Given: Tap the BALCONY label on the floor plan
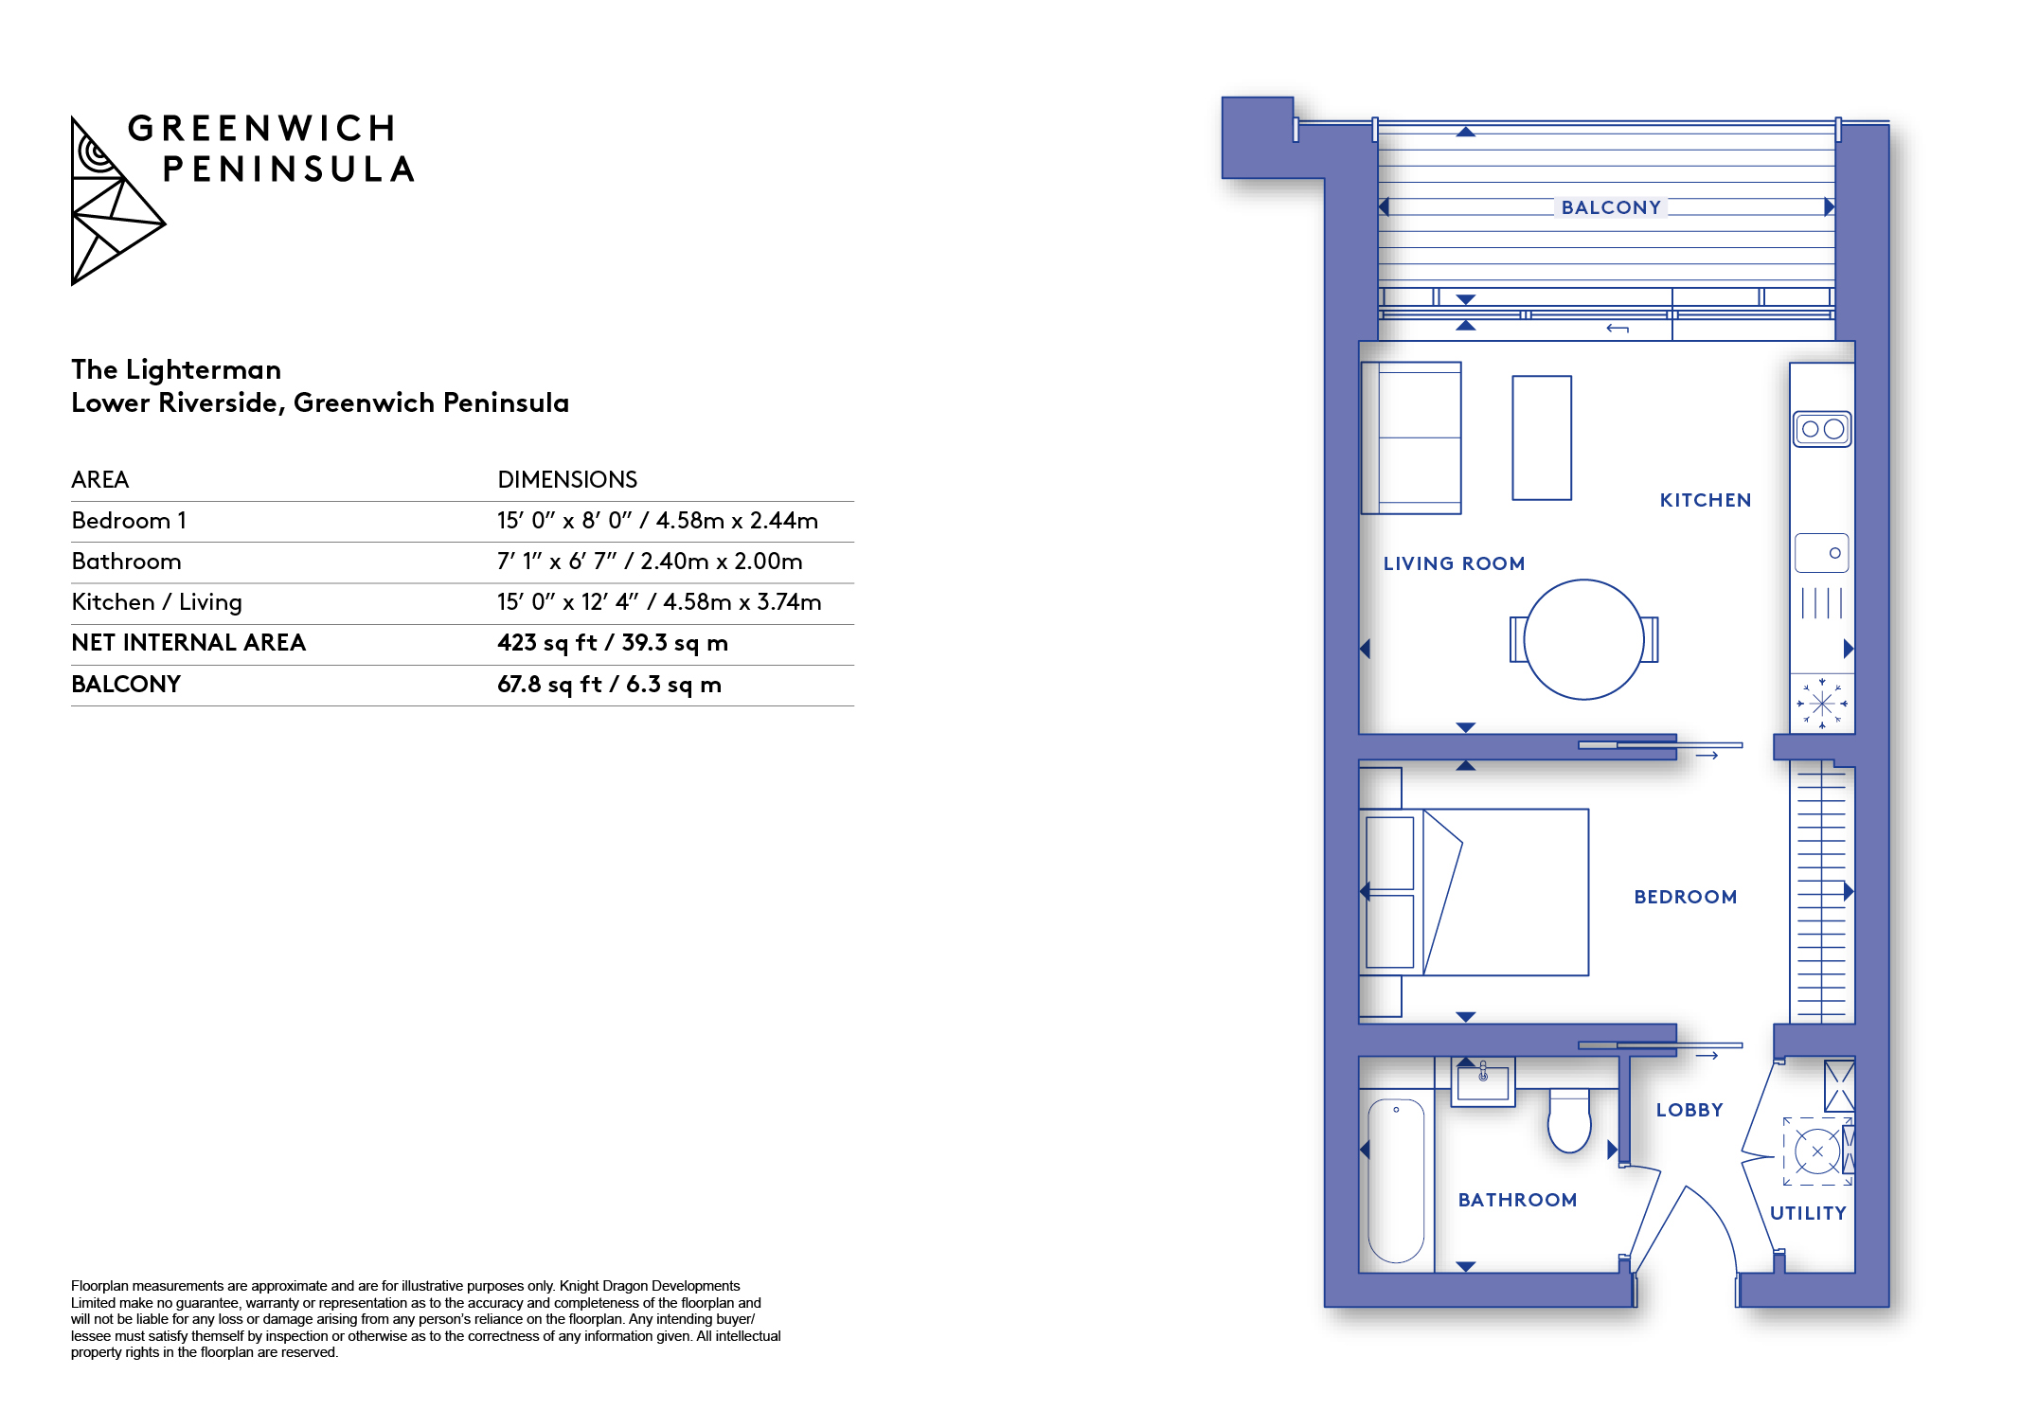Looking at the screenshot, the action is click(1611, 207).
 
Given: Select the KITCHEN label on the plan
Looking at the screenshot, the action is click(1705, 500).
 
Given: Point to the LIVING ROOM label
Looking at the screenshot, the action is click(1454, 563).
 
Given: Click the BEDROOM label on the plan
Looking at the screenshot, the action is click(1685, 897).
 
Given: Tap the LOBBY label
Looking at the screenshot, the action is click(1689, 1110).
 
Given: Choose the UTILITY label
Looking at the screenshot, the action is click(1808, 1213).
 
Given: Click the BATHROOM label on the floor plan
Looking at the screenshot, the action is click(1517, 1200).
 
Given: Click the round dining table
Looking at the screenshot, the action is click(1583, 639).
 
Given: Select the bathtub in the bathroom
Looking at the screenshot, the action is click(1396, 1181).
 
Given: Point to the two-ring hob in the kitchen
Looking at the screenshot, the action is click(1822, 429).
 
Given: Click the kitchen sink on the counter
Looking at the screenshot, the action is click(1822, 553).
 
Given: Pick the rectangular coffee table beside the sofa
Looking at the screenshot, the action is click(1542, 437).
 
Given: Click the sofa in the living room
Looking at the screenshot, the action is click(1411, 437).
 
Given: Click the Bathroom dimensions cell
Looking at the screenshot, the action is click(650, 562).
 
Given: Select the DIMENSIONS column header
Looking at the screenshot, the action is click(567, 479).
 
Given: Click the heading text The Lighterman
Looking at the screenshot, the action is click(176, 369).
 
